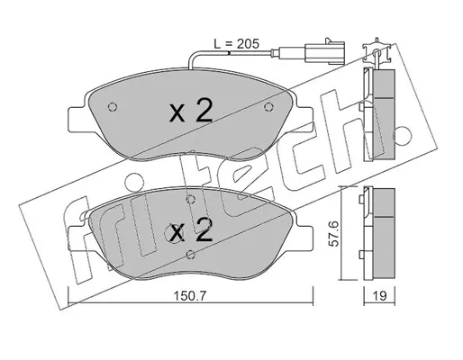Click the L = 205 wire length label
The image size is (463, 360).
(236, 44)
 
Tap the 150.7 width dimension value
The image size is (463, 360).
(190, 296)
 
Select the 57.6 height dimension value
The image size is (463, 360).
(333, 234)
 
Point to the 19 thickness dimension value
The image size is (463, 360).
(379, 296)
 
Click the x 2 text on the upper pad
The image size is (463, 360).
(191, 112)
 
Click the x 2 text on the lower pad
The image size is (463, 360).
(191, 230)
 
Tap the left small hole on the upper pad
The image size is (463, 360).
(112, 106)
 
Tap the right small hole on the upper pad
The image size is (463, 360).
(268, 106)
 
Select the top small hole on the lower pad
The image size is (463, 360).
(190, 198)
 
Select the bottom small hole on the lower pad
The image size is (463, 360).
(190, 255)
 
